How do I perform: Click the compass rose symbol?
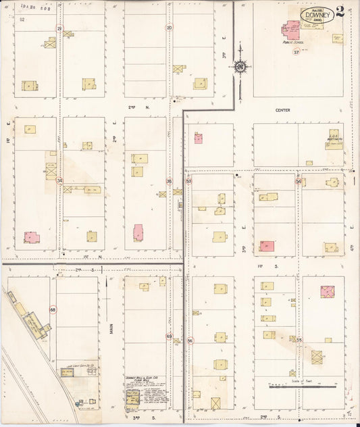240,66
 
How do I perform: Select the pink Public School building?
291,30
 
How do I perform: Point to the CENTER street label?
282,109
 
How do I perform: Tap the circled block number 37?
296,52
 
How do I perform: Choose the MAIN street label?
111,329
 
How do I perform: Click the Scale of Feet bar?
303,386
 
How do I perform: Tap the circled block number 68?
53,310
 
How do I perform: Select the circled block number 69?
169,336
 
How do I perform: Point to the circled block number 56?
190,341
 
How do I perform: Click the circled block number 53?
188,181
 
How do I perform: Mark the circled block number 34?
59,180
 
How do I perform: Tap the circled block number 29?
59,28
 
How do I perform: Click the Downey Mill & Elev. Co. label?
142,378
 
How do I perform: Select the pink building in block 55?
327,291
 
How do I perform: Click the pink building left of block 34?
31,237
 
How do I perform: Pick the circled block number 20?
169,28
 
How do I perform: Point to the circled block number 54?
298,181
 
